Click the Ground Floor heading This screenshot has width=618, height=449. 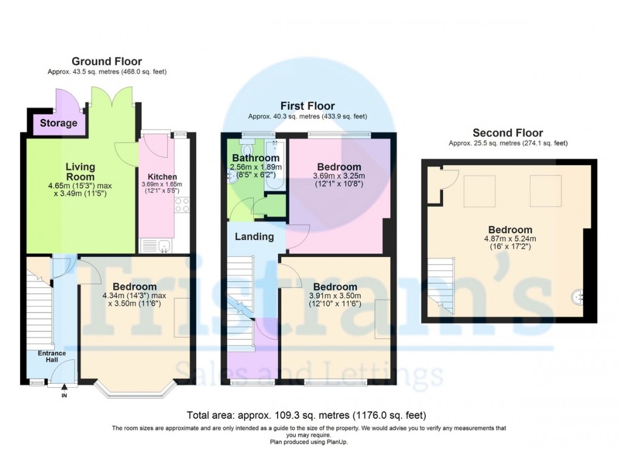tap(107, 61)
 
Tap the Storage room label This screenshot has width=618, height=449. tap(59, 123)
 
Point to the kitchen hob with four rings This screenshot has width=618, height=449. tap(182, 205)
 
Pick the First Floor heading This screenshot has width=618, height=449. tap(308, 106)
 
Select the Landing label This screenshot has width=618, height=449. tap(254, 237)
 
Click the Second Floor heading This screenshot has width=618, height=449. tap(508, 133)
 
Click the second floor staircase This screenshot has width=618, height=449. tap(441, 285)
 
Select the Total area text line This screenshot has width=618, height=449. tap(308, 416)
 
